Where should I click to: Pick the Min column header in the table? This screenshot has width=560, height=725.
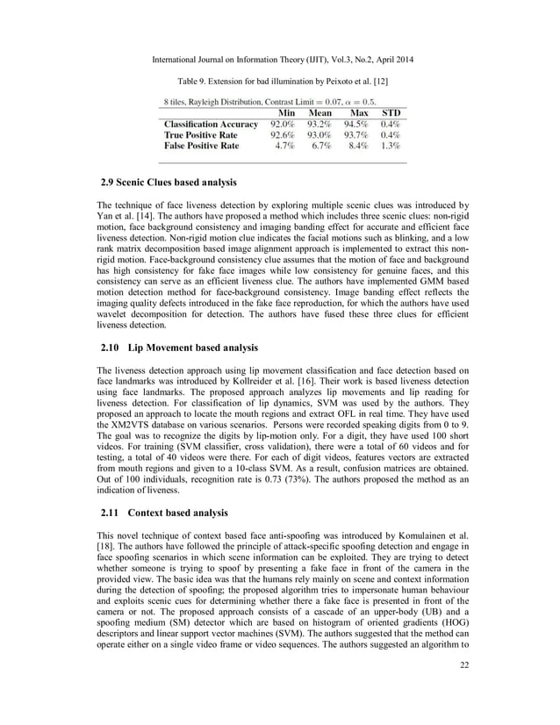(x=285, y=113)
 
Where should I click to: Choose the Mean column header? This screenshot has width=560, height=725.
(x=323, y=113)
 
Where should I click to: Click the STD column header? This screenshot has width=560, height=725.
(x=391, y=113)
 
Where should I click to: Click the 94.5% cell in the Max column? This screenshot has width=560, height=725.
(x=358, y=125)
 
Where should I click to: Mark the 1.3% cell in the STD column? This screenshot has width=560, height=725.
(x=391, y=146)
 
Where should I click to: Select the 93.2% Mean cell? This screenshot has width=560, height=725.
(x=321, y=125)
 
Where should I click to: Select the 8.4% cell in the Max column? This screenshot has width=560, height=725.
(x=360, y=146)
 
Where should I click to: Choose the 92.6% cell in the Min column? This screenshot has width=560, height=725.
(x=283, y=135)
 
